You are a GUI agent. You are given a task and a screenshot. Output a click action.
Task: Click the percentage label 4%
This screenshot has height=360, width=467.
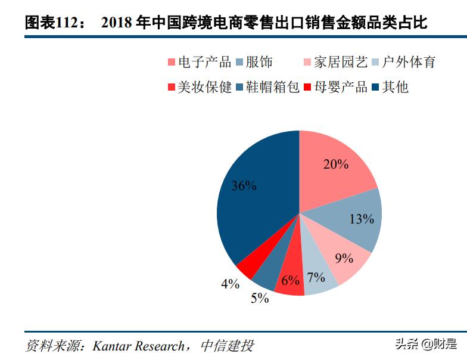(230, 284)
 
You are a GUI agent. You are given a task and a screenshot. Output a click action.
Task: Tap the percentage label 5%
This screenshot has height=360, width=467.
(260, 299)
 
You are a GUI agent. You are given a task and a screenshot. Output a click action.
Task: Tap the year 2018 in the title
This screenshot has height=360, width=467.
(116, 23)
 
